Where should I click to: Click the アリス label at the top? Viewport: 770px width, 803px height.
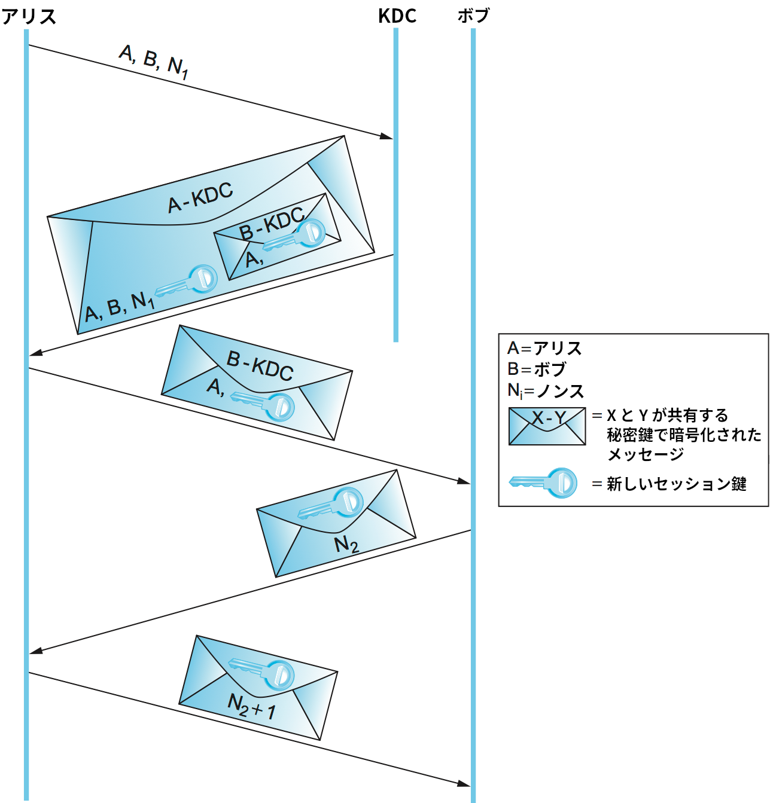click(x=29, y=16)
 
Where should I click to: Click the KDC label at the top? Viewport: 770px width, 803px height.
click(x=397, y=16)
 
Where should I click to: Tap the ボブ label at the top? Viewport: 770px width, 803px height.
click(x=473, y=16)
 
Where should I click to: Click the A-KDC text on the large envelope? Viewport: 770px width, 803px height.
click(x=200, y=197)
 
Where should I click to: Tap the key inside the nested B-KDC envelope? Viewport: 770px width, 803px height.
click(x=297, y=235)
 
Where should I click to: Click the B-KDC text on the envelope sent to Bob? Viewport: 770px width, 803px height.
click(x=260, y=365)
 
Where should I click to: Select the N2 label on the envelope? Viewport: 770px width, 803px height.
click(x=346, y=545)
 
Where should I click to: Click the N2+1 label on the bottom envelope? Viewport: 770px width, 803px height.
click(x=252, y=706)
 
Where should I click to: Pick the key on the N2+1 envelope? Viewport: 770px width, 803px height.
click(x=263, y=672)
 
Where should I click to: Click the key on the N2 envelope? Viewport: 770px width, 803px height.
click(x=333, y=504)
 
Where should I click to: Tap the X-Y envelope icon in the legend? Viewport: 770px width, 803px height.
click(x=547, y=426)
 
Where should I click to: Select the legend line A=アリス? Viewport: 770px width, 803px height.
click(x=544, y=348)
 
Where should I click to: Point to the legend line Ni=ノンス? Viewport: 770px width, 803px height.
click(x=545, y=391)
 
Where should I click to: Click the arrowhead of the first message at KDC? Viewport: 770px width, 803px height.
click(x=387, y=137)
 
